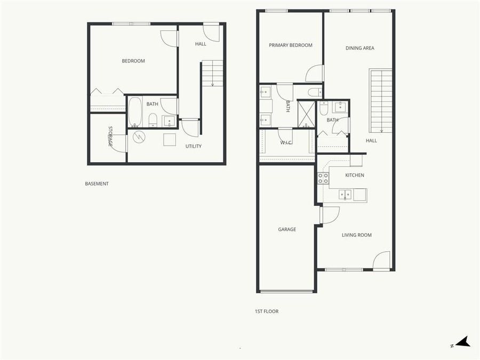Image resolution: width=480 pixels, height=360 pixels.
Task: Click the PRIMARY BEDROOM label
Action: (x=291, y=45)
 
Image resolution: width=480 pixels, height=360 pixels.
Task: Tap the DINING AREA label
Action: (x=360, y=48)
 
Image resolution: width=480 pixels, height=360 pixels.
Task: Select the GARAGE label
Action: (x=287, y=229)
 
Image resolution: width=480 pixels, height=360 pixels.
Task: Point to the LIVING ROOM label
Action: (x=357, y=235)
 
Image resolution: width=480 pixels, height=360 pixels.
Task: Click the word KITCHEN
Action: (x=355, y=175)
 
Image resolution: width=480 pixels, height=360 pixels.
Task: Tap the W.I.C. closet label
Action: (x=286, y=142)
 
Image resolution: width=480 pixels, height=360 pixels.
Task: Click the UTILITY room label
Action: (x=193, y=146)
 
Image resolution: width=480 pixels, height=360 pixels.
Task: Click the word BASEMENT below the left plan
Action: (x=97, y=183)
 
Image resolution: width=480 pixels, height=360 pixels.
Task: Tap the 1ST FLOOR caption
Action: (x=266, y=311)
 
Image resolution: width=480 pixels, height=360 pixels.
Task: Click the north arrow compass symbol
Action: (x=462, y=342)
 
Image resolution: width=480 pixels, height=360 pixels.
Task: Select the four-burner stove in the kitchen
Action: (x=323, y=178)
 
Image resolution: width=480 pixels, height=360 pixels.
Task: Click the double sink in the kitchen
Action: (x=345, y=195)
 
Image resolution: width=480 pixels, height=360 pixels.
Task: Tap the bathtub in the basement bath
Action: (x=135, y=111)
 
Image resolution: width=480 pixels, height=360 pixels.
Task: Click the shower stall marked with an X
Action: (x=307, y=114)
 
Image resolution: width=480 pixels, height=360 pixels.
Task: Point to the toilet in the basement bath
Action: (x=153, y=119)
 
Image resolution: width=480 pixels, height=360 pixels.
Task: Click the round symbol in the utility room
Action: (x=139, y=137)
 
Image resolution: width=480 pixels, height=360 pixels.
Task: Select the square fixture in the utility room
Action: (x=170, y=139)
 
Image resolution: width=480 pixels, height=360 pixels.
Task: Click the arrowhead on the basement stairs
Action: (x=212, y=84)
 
